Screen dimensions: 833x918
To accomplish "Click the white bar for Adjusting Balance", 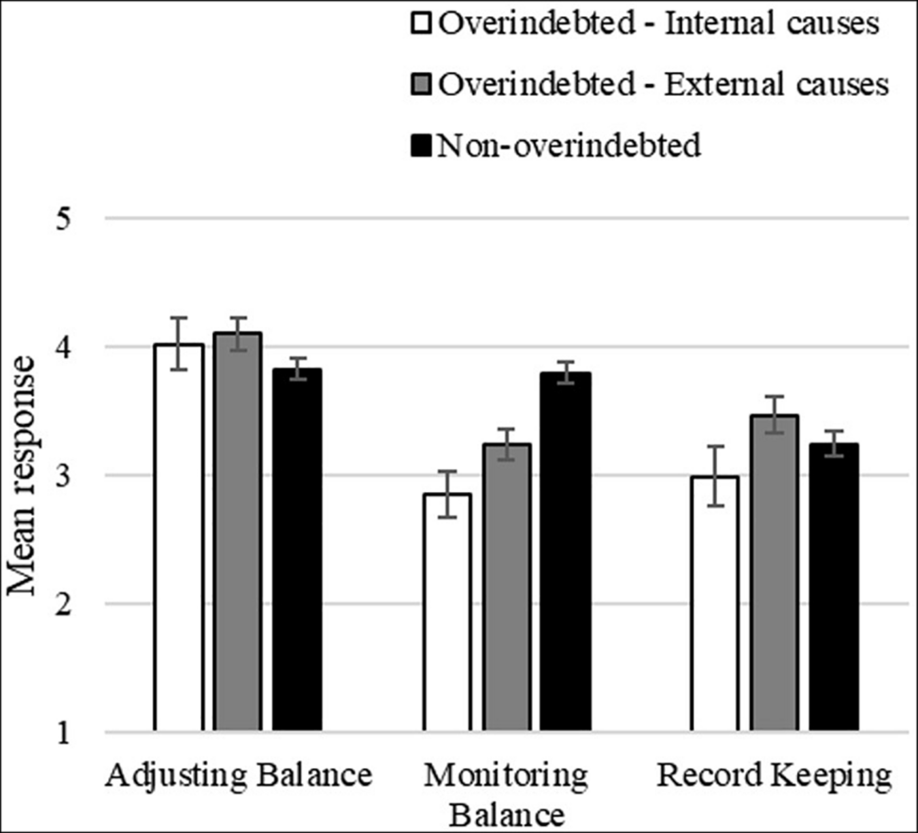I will click(x=179, y=537).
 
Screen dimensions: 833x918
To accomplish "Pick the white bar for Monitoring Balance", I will click(x=447, y=612).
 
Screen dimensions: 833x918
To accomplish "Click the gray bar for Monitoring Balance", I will click(x=507, y=587).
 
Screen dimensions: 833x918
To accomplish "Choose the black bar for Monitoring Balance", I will click(x=565, y=551).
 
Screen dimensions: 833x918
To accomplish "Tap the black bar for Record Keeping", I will click(x=834, y=587).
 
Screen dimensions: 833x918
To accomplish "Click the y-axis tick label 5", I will click(x=63, y=219).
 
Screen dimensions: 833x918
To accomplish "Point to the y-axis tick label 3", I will click(x=63, y=476).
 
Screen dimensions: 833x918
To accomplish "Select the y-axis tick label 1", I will click(x=63, y=733).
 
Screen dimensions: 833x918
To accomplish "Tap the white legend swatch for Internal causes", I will click(x=422, y=24).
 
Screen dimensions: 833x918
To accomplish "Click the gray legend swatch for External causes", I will click(x=422, y=85).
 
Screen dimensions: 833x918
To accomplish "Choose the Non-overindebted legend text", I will click(x=568, y=145).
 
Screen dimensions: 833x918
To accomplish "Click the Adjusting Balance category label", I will click(x=238, y=775).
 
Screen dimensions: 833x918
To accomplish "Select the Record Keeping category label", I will click(x=774, y=775).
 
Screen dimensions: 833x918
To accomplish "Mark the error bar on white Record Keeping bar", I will click(x=715, y=476).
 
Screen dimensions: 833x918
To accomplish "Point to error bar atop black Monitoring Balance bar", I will click(x=565, y=372).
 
